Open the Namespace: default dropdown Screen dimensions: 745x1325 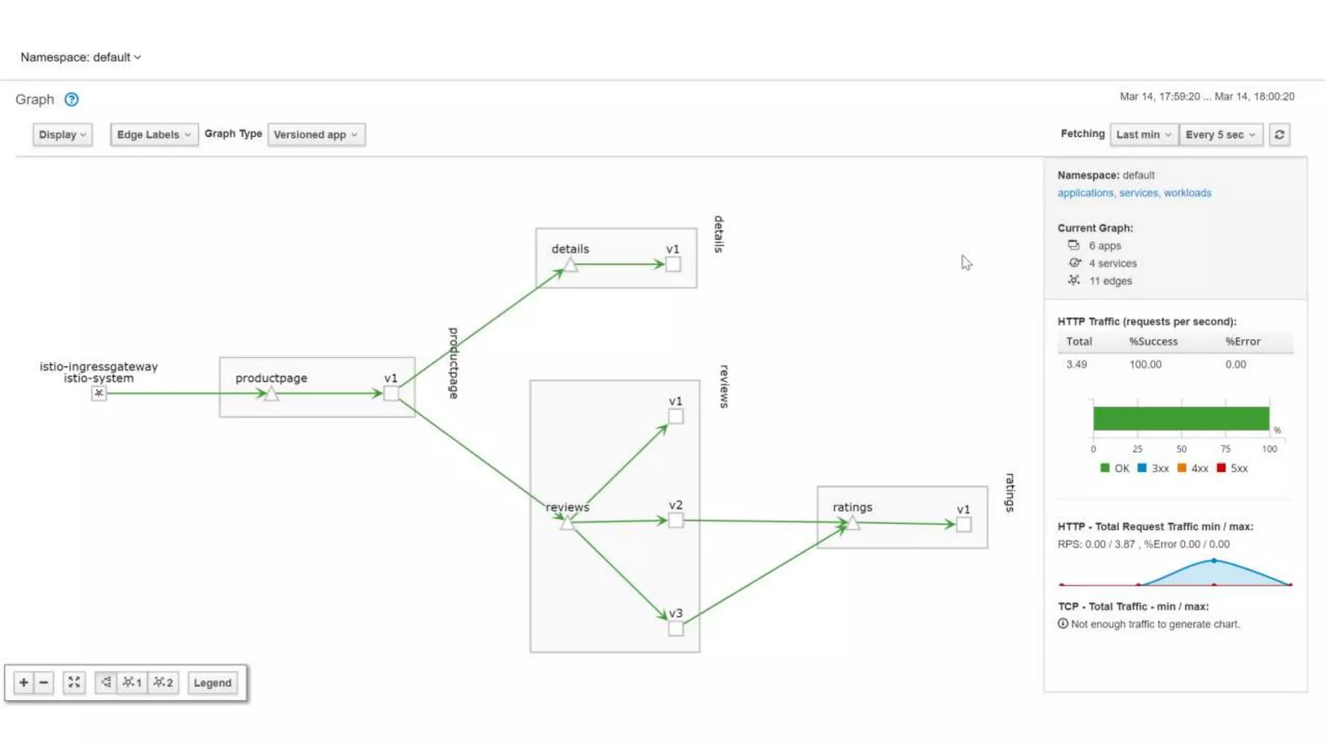click(80, 58)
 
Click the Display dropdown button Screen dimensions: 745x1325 click(62, 135)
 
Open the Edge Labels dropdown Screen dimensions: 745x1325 click(153, 135)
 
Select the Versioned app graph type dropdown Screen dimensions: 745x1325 click(316, 135)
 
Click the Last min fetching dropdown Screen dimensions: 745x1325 click(1143, 135)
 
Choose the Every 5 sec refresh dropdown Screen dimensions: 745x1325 click(1220, 135)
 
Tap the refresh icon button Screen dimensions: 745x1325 click(1279, 135)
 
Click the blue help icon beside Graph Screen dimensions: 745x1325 click(72, 100)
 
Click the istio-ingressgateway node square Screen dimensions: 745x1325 click(98, 393)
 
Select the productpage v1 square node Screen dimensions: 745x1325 click(391, 393)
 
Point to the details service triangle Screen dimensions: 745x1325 click(570, 265)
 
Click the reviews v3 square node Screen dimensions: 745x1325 click(675, 629)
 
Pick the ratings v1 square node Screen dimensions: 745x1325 click(963, 524)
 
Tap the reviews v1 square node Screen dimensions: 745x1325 click(675, 416)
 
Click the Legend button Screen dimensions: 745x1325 click(212, 683)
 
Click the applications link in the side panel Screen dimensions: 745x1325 click(1085, 193)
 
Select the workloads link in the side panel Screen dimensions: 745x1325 click(1187, 193)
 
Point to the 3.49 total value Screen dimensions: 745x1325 click(1077, 365)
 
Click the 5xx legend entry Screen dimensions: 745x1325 click(1232, 468)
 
